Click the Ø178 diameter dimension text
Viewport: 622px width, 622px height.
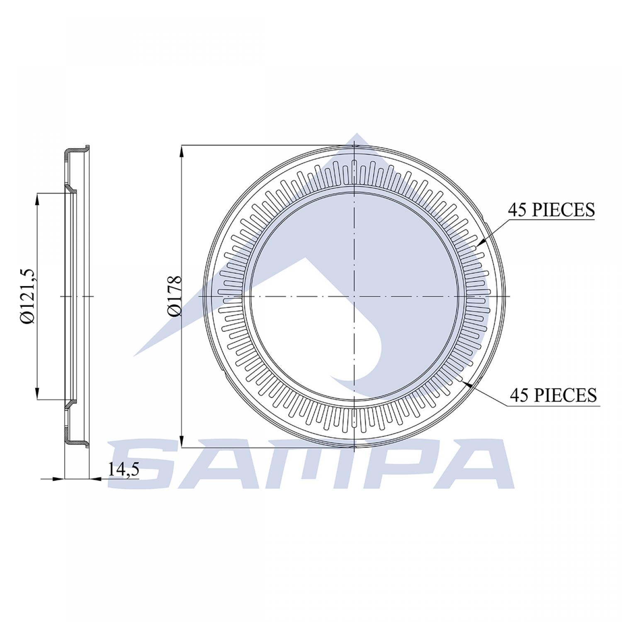coord(175,296)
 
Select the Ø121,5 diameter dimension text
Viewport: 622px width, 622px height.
coord(30,296)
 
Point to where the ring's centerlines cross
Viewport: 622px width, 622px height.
coord(355,296)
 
